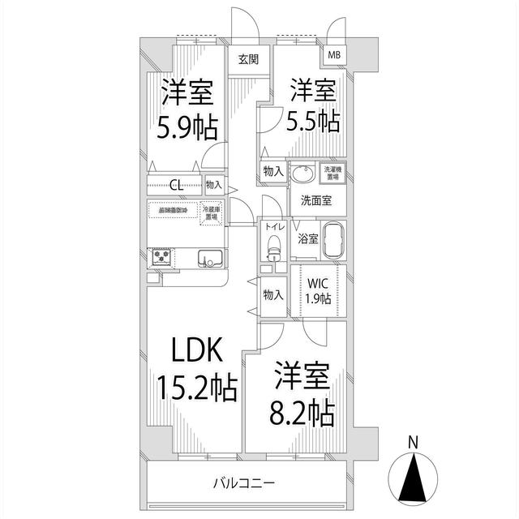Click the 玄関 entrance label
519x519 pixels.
[x=249, y=58]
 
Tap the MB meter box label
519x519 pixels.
[x=334, y=55]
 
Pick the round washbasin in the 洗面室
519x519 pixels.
[x=305, y=174]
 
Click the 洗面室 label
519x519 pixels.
[x=309, y=200]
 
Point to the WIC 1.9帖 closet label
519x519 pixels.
[x=318, y=290]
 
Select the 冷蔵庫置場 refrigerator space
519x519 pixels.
[x=213, y=212]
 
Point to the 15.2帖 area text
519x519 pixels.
[x=195, y=388]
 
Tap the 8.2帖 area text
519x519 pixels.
[x=299, y=413]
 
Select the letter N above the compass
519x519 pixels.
[x=413, y=443]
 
